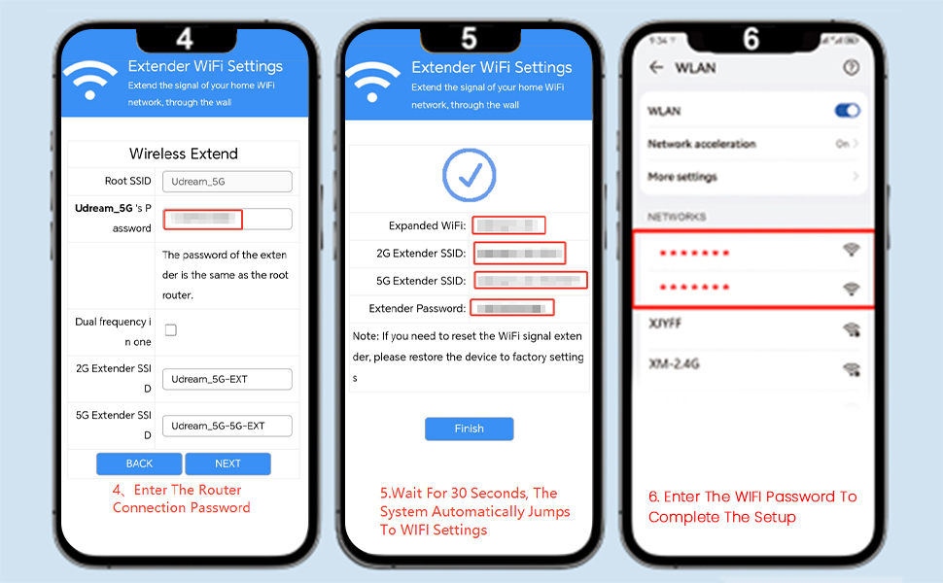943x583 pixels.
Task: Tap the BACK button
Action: [x=139, y=463]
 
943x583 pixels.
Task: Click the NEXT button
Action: [x=227, y=463]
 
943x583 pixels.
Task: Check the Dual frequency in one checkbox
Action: [x=171, y=330]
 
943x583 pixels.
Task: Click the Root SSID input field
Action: [x=227, y=181]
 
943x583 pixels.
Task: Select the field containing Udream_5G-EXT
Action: [x=227, y=379]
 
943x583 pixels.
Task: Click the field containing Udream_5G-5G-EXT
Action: [x=227, y=426]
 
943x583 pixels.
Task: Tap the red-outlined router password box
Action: [x=203, y=219]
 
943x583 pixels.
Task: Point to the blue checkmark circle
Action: [x=469, y=175]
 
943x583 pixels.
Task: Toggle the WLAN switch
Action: [x=848, y=111]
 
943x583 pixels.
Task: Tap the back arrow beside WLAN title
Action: [x=656, y=68]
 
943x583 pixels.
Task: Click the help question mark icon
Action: [x=852, y=68]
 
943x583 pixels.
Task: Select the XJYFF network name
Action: [x=665, y=323]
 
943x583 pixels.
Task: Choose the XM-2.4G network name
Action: [x=674, y=363]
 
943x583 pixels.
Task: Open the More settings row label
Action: [x=681, y=177]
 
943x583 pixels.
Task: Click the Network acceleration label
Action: [x=701, y=144]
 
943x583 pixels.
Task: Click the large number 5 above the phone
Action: [x=469, y=39]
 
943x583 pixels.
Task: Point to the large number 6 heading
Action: [x=751, y=39]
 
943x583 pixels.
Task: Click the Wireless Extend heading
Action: [x=184, y=154]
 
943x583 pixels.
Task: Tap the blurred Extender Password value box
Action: [x=512, y=308]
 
